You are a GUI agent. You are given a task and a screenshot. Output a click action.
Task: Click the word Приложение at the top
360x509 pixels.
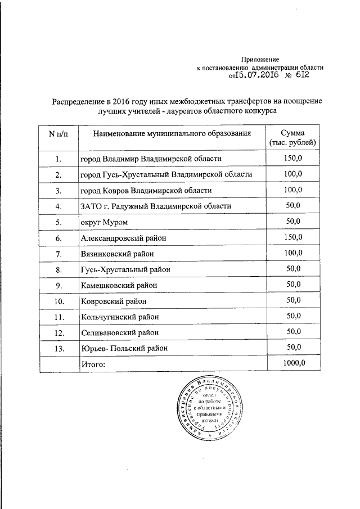[x=260, y=59]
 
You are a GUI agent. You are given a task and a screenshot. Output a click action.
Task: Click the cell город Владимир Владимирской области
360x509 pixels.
[x=151, y=160]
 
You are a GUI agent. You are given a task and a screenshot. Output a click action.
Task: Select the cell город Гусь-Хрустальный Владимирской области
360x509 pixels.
[x=165, y=174]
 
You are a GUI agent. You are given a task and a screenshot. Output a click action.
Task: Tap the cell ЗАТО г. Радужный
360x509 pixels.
[x=155, y=206]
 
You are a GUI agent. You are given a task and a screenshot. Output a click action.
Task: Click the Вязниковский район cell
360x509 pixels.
[x=117, y=254]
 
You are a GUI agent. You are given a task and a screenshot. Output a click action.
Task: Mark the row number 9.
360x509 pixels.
[x=58, y=285]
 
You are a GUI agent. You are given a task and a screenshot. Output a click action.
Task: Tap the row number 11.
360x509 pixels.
[x=58, y=317]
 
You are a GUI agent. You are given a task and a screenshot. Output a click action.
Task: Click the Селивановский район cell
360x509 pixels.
[x=120, y=332]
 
